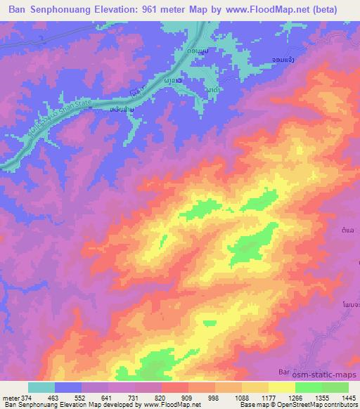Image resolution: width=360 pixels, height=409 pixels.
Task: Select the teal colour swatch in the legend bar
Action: coord(41,387)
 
